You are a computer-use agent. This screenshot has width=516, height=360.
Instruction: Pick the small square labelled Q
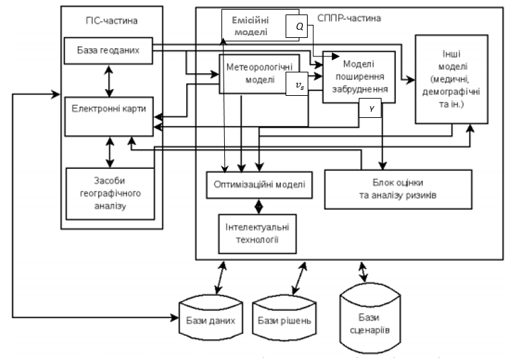pos(299,26)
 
